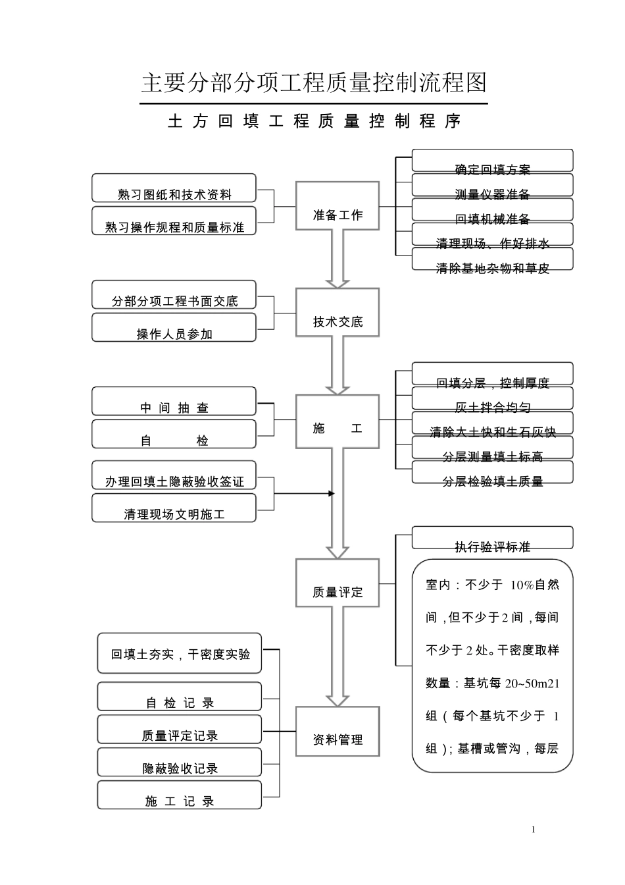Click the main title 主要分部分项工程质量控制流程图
(314, 83)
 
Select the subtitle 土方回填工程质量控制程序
(314, 121)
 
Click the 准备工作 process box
(337, 207)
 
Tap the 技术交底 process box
(337, 312)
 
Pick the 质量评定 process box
(337, 583)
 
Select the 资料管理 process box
(337, 732)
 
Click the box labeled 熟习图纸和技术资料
(174, 188)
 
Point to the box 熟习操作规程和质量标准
(174, 221)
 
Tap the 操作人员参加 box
(174, 328)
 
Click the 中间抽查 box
(174, 402)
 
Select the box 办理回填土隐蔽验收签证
(174, 475)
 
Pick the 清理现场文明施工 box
(174, 508)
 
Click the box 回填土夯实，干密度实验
(180, 653)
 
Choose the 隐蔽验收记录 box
(180, 763)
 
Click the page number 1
(534, 830)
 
